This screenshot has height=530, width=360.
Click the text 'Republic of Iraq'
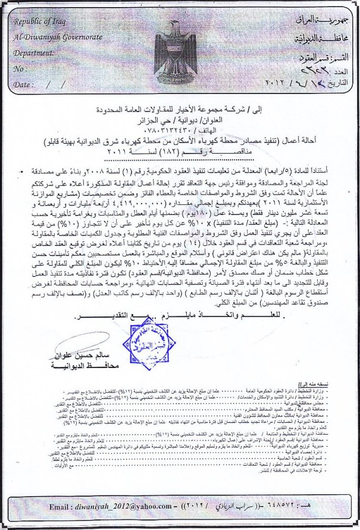pos(40,21)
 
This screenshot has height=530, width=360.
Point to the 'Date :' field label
pos(24,85)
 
